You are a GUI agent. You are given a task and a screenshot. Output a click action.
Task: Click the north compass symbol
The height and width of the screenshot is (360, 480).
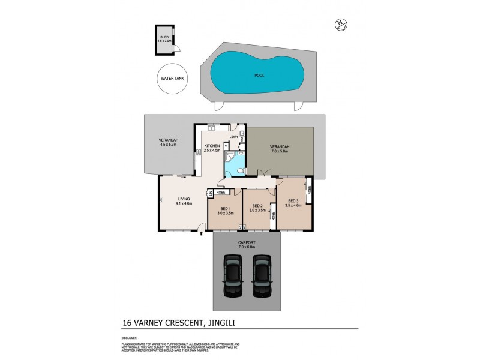(x=341, y=25)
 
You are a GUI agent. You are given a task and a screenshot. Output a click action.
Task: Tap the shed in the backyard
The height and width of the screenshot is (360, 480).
(x=164, y=40)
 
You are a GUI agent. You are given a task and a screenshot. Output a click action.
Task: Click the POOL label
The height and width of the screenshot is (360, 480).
(x=259, y=76)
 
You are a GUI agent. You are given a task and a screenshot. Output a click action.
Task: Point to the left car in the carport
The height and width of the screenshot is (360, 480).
(x=232, y=275)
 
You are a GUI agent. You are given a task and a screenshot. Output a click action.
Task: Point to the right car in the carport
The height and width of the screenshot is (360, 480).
(x=262, y=275)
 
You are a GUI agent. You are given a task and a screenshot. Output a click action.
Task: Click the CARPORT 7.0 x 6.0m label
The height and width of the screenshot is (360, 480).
(x=246, y=244)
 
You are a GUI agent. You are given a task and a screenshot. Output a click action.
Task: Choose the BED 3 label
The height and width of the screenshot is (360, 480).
(x=293, y=203)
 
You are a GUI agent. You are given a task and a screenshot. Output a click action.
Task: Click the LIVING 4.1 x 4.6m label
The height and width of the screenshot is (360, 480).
(x=184, y=202)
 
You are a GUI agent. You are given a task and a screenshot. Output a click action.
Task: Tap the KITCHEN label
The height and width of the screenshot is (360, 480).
(x=212, y=148)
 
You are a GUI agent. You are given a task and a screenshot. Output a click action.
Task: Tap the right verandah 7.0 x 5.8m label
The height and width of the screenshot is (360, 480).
(x=280, y=149)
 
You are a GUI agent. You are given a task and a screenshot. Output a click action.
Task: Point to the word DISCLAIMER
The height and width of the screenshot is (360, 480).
(x=130, y=338)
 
